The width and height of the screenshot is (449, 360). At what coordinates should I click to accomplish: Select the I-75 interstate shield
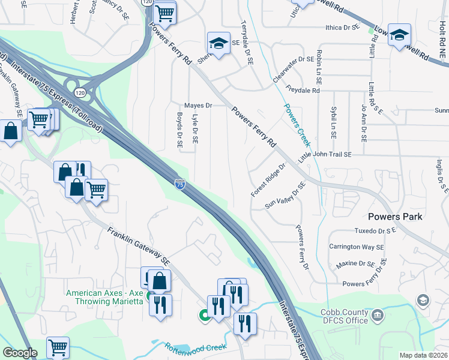point(179,186)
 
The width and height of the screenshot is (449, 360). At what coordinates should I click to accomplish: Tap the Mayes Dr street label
point(198,105)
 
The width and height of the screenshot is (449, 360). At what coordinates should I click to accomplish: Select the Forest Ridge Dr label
point(268,179)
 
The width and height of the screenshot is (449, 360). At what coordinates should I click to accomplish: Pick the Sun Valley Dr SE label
point(286,196)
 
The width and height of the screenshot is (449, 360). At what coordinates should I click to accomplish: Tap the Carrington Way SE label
point(357,247)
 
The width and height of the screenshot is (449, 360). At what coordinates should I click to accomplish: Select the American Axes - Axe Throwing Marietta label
point(105,297)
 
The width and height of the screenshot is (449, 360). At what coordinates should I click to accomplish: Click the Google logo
point(20,353)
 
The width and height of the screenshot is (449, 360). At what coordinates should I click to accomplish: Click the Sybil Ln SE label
point(333,124)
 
